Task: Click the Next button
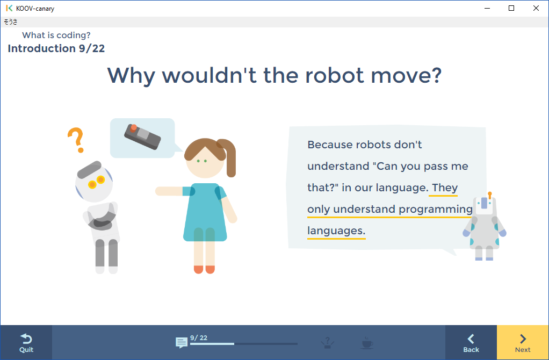(x=522, y=342)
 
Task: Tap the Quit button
(x=26, y=342)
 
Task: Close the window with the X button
(x=536, y=8)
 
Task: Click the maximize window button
(x=511, y=8)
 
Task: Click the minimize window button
(x=487, y=8)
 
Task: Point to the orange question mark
(x=76, y=140)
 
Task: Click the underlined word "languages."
(x=336, y=231)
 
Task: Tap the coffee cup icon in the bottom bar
(x=367, y=342)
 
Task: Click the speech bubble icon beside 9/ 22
(x=182, y=343)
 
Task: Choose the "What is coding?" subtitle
(x=56, y=35)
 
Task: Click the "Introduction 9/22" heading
(x=56, y=49)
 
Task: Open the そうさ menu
(x=11, y=22)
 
